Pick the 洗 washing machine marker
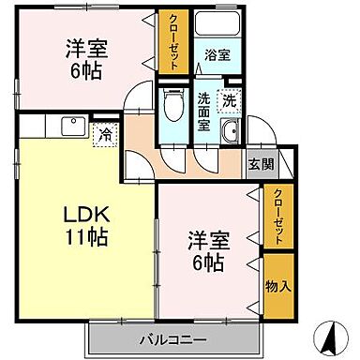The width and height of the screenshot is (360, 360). (x=230, y=100)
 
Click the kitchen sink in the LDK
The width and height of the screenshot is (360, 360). (x=70, y=127)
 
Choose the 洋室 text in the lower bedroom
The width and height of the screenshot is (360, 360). (x=206, y=238)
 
